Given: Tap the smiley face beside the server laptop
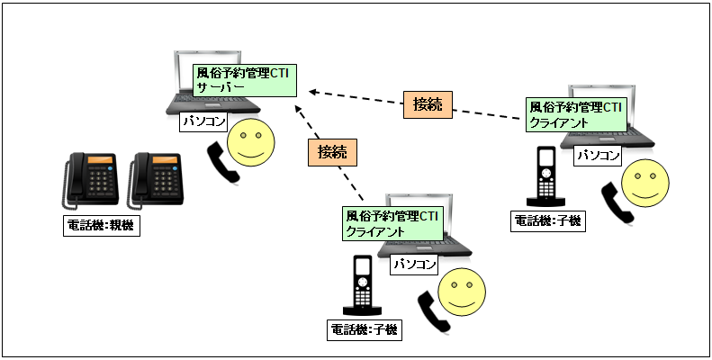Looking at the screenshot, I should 249,143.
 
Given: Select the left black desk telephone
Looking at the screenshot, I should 93,177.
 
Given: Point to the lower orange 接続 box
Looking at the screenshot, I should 331,150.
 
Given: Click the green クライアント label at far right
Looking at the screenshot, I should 575,113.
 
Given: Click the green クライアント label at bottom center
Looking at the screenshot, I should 393,223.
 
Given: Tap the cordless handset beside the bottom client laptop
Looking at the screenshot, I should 362,284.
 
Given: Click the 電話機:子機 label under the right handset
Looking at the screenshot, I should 549,220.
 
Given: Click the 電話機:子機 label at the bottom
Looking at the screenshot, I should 365,329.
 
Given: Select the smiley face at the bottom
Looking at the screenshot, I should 460,291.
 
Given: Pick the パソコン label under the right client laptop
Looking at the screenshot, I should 598,156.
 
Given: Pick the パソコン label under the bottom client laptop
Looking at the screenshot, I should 414,265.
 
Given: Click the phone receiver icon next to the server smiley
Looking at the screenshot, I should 223,162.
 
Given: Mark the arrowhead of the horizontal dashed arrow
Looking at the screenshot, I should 313,91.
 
